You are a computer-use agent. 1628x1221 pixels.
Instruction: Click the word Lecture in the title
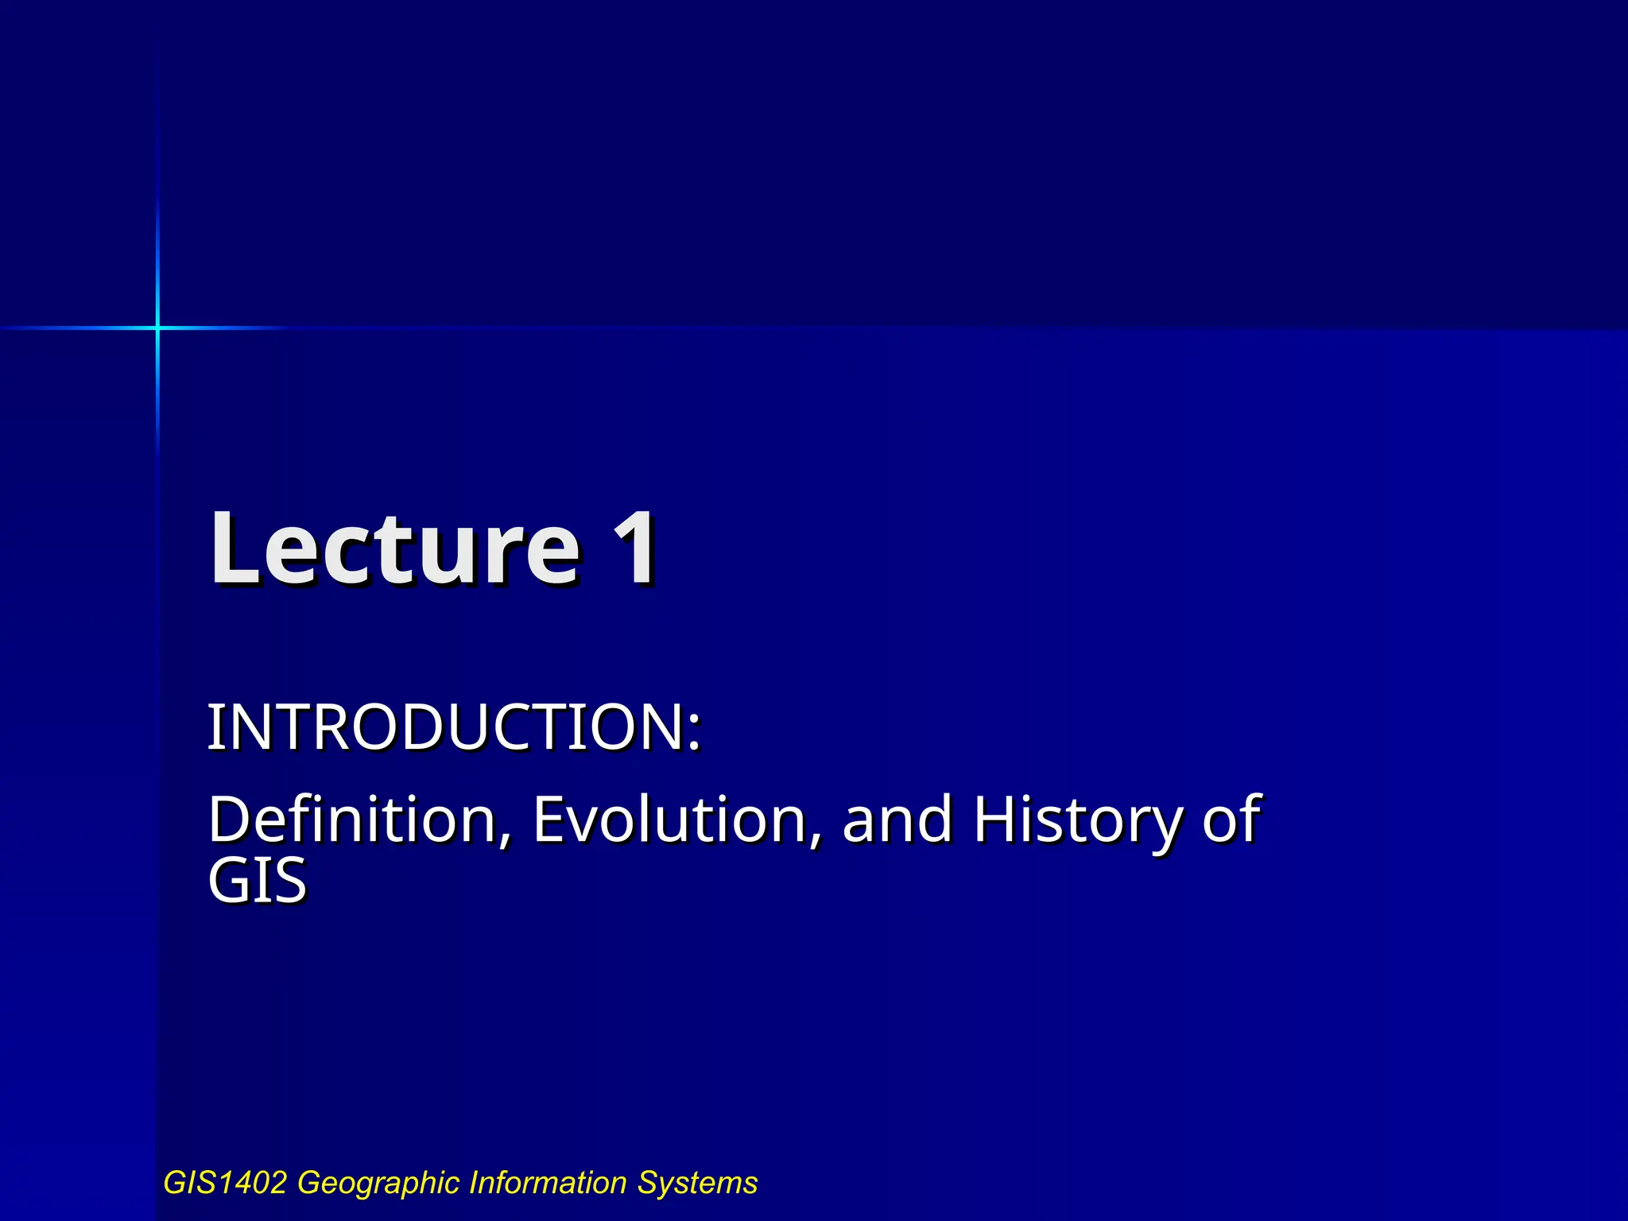(x=395, y=550)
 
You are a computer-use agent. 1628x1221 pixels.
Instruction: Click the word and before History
(x=897, y=820)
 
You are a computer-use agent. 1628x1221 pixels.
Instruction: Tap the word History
(x=1078, y=820)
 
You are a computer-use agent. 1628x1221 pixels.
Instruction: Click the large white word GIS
(x=257, y=882)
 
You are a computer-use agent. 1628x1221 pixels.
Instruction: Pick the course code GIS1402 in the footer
(x=225, y=1183)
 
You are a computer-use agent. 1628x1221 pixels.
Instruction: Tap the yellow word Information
(x=548, y=1183)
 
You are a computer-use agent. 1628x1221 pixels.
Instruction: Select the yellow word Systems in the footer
(x=697, y=1184)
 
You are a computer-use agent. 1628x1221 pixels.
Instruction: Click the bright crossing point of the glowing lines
(x=157, y=328)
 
